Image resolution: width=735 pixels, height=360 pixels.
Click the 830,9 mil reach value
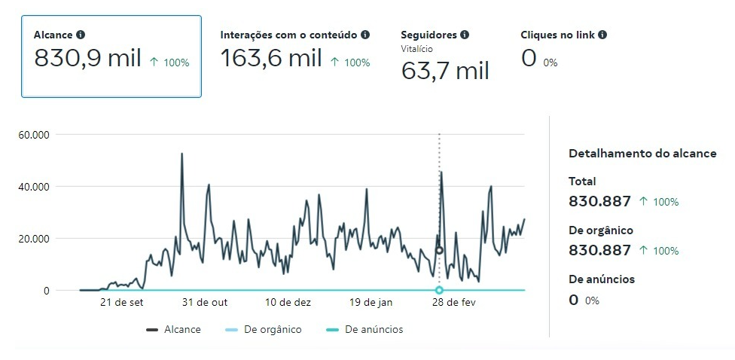pos(87,58)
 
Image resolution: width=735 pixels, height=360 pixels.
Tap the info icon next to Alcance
pos(81,35)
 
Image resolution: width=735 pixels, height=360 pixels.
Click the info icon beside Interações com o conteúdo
pos(365,35)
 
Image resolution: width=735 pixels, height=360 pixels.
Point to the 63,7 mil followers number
pos(445,71)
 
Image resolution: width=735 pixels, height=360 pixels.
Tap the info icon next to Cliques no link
pos(602,35)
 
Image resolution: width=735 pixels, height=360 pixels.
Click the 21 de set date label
pos(122,303)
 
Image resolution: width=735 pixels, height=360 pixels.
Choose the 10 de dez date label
pos(288,303)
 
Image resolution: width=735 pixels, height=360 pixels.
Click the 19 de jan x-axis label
pos(371,303)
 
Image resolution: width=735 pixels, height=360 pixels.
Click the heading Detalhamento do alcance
pos(642,154)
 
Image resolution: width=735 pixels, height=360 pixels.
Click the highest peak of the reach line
pos(182,154)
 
